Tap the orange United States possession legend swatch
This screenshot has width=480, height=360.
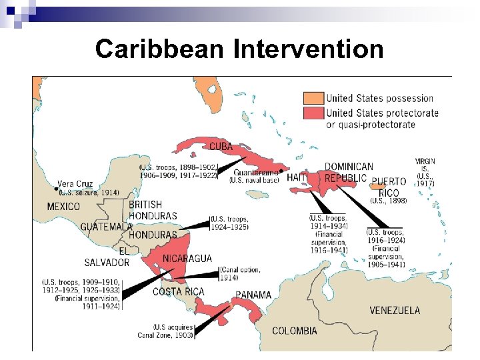point(313,98)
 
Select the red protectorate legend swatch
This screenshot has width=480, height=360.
point(313,113)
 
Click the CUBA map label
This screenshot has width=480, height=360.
point(221,147)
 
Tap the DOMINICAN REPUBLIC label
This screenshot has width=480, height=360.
point(349,172)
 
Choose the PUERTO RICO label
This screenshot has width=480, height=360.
point(389,187)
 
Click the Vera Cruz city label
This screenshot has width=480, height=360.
point(75,184)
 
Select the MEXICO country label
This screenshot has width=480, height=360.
point(63,207)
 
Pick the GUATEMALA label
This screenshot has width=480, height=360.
point(106,227)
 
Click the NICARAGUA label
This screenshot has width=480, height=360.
point(187,259)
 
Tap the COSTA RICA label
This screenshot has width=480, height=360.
point(179,292)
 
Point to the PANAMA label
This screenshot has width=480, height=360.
point(253,295)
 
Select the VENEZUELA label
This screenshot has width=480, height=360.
point(395,310)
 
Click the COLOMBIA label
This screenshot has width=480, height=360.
point(295,331)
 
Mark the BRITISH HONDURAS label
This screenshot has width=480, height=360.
point(153,210)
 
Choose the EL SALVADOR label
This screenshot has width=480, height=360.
point(107,257)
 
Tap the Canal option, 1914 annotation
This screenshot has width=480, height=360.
point(240,273)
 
